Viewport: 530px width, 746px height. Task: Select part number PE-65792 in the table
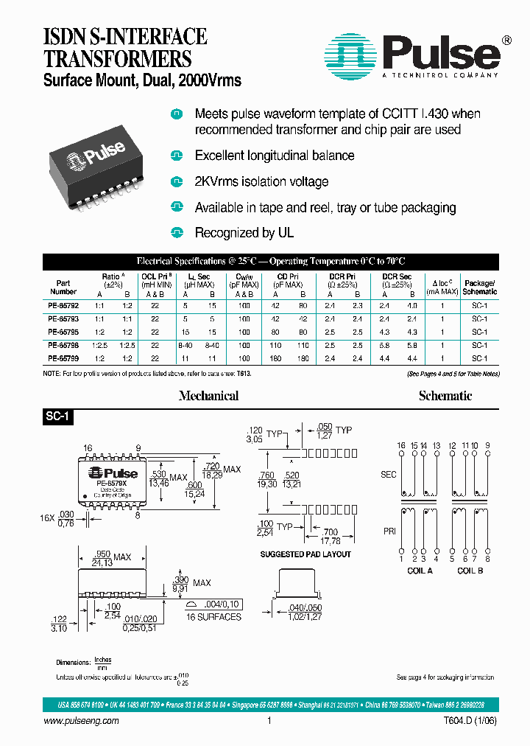(63, 304)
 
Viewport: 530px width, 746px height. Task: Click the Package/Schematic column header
(479, 287)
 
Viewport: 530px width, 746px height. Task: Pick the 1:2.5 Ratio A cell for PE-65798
(100, 344)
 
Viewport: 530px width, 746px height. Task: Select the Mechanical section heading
(209, 396)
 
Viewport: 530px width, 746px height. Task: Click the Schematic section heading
(445, 396)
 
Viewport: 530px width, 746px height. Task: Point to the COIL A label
(420, 571)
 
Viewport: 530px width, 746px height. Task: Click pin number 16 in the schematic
(401, 446)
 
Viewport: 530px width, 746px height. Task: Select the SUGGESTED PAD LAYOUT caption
(305, 554)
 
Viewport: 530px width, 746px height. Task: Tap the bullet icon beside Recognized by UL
(176, 233)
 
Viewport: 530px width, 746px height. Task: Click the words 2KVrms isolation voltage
(261, 181)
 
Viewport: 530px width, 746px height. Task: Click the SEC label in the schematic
(388, 474)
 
